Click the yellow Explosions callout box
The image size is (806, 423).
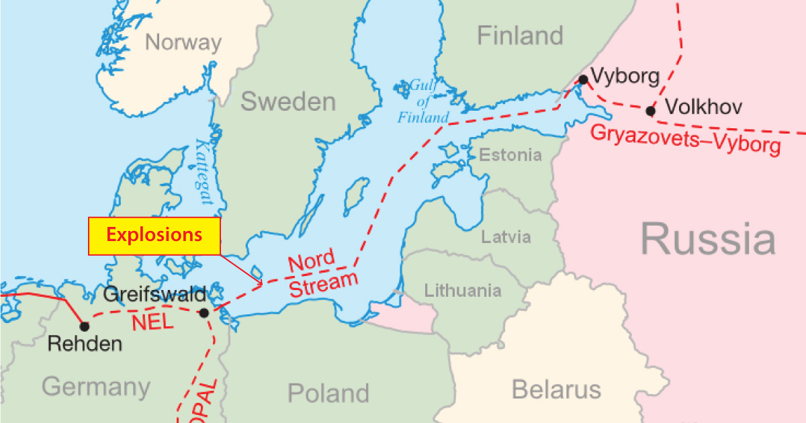click(154, 236)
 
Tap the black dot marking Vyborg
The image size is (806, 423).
click(583, 80)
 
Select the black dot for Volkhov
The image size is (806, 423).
click(650, 111)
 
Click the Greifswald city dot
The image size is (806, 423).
click(204, 313)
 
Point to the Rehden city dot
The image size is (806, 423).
click(85, 327)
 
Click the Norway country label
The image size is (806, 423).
click(183, 43)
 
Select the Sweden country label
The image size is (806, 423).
click(288, 102)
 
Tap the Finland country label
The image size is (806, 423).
click(520, 36)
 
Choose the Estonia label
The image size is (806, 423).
click(510, 155)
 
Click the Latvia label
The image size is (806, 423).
click(506, 237)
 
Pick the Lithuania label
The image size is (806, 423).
click(462, 291)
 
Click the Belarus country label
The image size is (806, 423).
click(556, 389)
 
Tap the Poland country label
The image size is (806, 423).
click(328, 393)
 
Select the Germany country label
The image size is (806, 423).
click(95, 387)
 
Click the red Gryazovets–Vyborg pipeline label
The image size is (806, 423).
click(685, 139)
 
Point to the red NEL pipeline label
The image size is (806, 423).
click(152, 322)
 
